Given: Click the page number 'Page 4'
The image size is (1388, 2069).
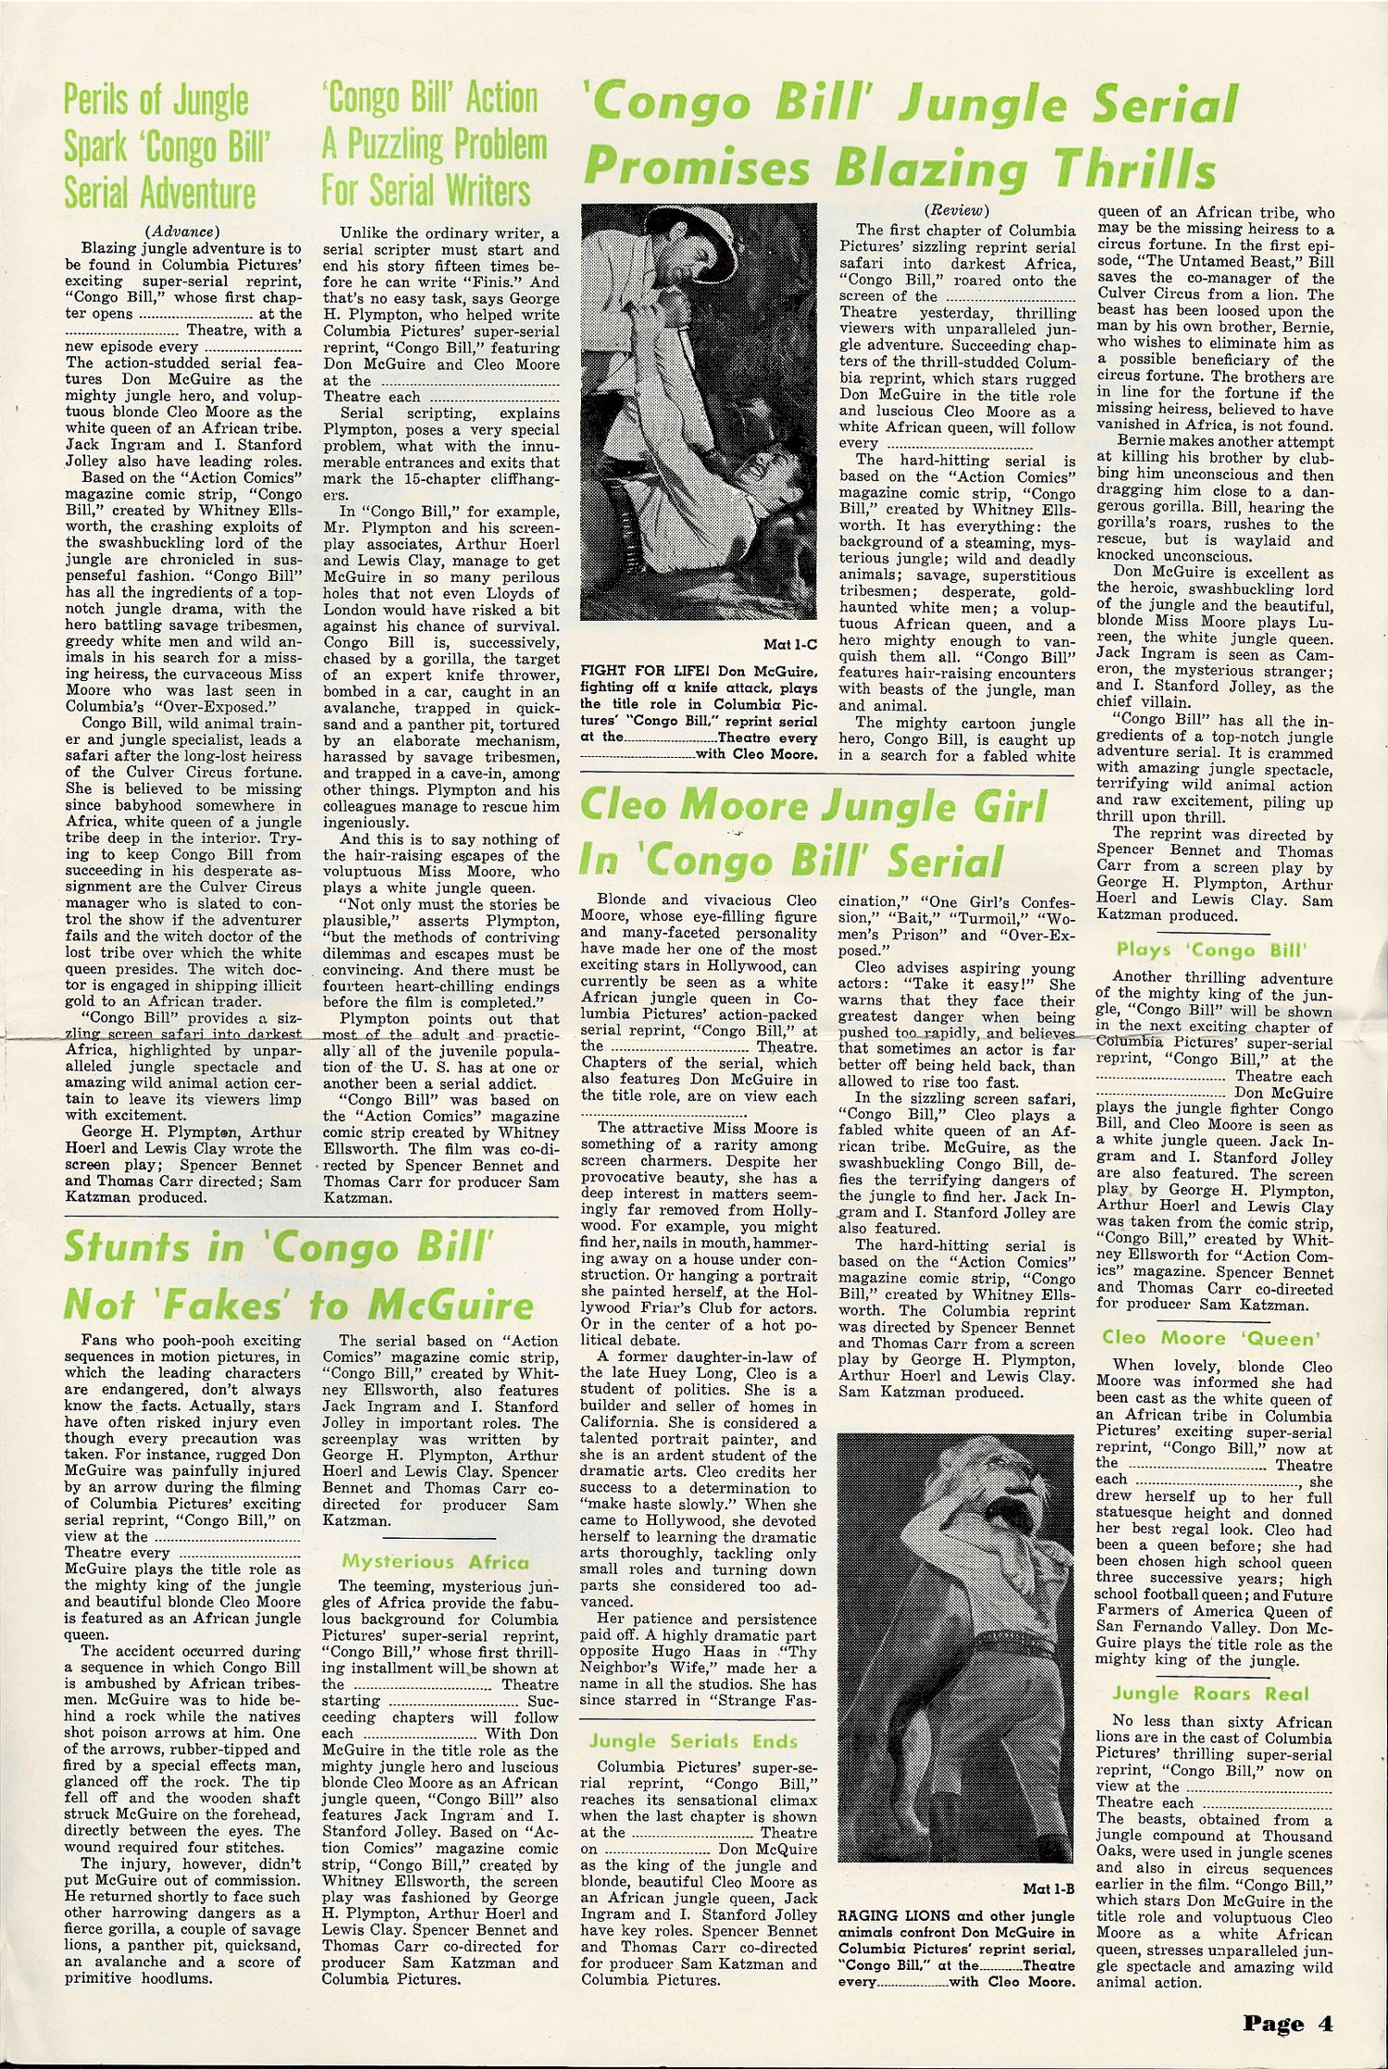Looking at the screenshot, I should [x=1287, y=2023].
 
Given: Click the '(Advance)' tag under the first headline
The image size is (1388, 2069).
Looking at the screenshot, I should [x=182, y=231].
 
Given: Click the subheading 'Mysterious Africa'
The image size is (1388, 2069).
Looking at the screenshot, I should [x=435, y=1562].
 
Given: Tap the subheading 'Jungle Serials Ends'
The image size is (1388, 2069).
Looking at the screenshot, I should [x=693, y=1741].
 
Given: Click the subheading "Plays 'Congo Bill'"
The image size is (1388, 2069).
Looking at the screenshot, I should [x=1211, y=949].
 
